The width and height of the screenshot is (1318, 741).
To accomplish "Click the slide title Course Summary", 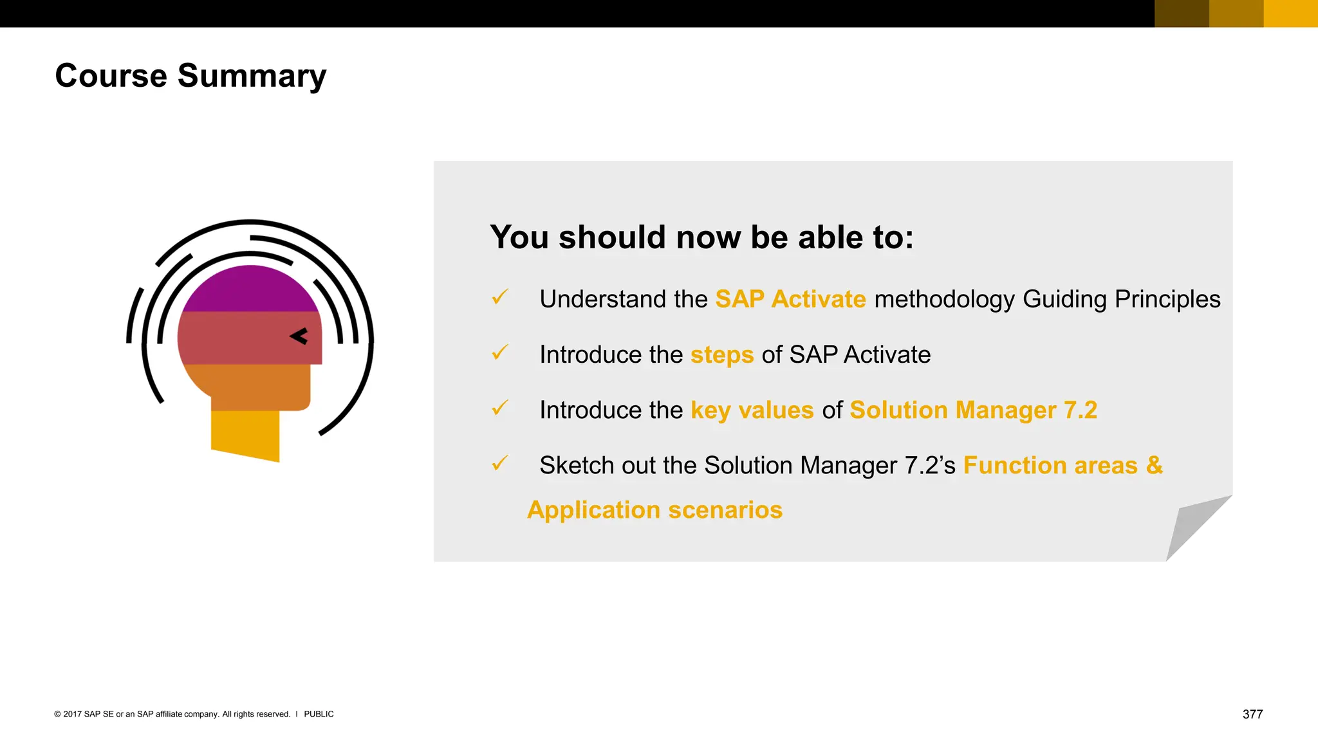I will coord(190,76).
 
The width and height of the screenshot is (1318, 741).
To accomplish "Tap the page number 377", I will coord(1252,714).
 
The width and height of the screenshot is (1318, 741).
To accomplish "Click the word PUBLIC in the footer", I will coord(319,714).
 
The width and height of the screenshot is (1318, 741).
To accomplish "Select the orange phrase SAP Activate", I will coord(790,299).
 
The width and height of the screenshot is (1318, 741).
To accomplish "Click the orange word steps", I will coord(721,355).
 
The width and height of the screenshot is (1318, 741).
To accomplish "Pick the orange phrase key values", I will coord(752,410).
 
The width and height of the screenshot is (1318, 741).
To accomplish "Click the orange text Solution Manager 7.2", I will coord(973,410).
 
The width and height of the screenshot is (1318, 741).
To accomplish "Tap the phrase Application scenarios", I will coord(654,510).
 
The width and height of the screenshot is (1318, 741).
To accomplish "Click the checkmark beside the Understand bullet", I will coord(500,297).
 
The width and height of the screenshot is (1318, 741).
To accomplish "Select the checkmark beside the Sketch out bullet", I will coord(500,463).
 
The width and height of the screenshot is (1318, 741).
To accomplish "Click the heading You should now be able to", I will coord(701,237).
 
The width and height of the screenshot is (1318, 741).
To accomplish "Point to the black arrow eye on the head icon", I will coord(299,336).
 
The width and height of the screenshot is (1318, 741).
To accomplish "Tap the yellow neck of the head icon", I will coord(245,434).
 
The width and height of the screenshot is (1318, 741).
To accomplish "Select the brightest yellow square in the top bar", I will coord(1290,14).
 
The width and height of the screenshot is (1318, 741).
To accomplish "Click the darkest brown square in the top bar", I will coord(1182,14).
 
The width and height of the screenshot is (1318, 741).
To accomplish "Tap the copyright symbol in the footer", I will coord(57,714).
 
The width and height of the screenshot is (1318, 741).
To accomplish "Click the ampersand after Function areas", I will coord(1155,465).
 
